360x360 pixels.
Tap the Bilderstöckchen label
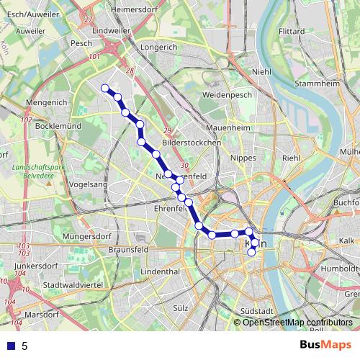click(192, 143)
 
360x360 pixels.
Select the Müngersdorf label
click(89, 236)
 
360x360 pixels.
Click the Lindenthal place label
click(160, 272)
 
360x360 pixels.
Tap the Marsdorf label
click(41, 315)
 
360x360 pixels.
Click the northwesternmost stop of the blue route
click(105, 88)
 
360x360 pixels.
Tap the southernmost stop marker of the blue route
click(251, 252)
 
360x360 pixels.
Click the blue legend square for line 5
click(9, 346)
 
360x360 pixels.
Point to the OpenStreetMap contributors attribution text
click(293, 323)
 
